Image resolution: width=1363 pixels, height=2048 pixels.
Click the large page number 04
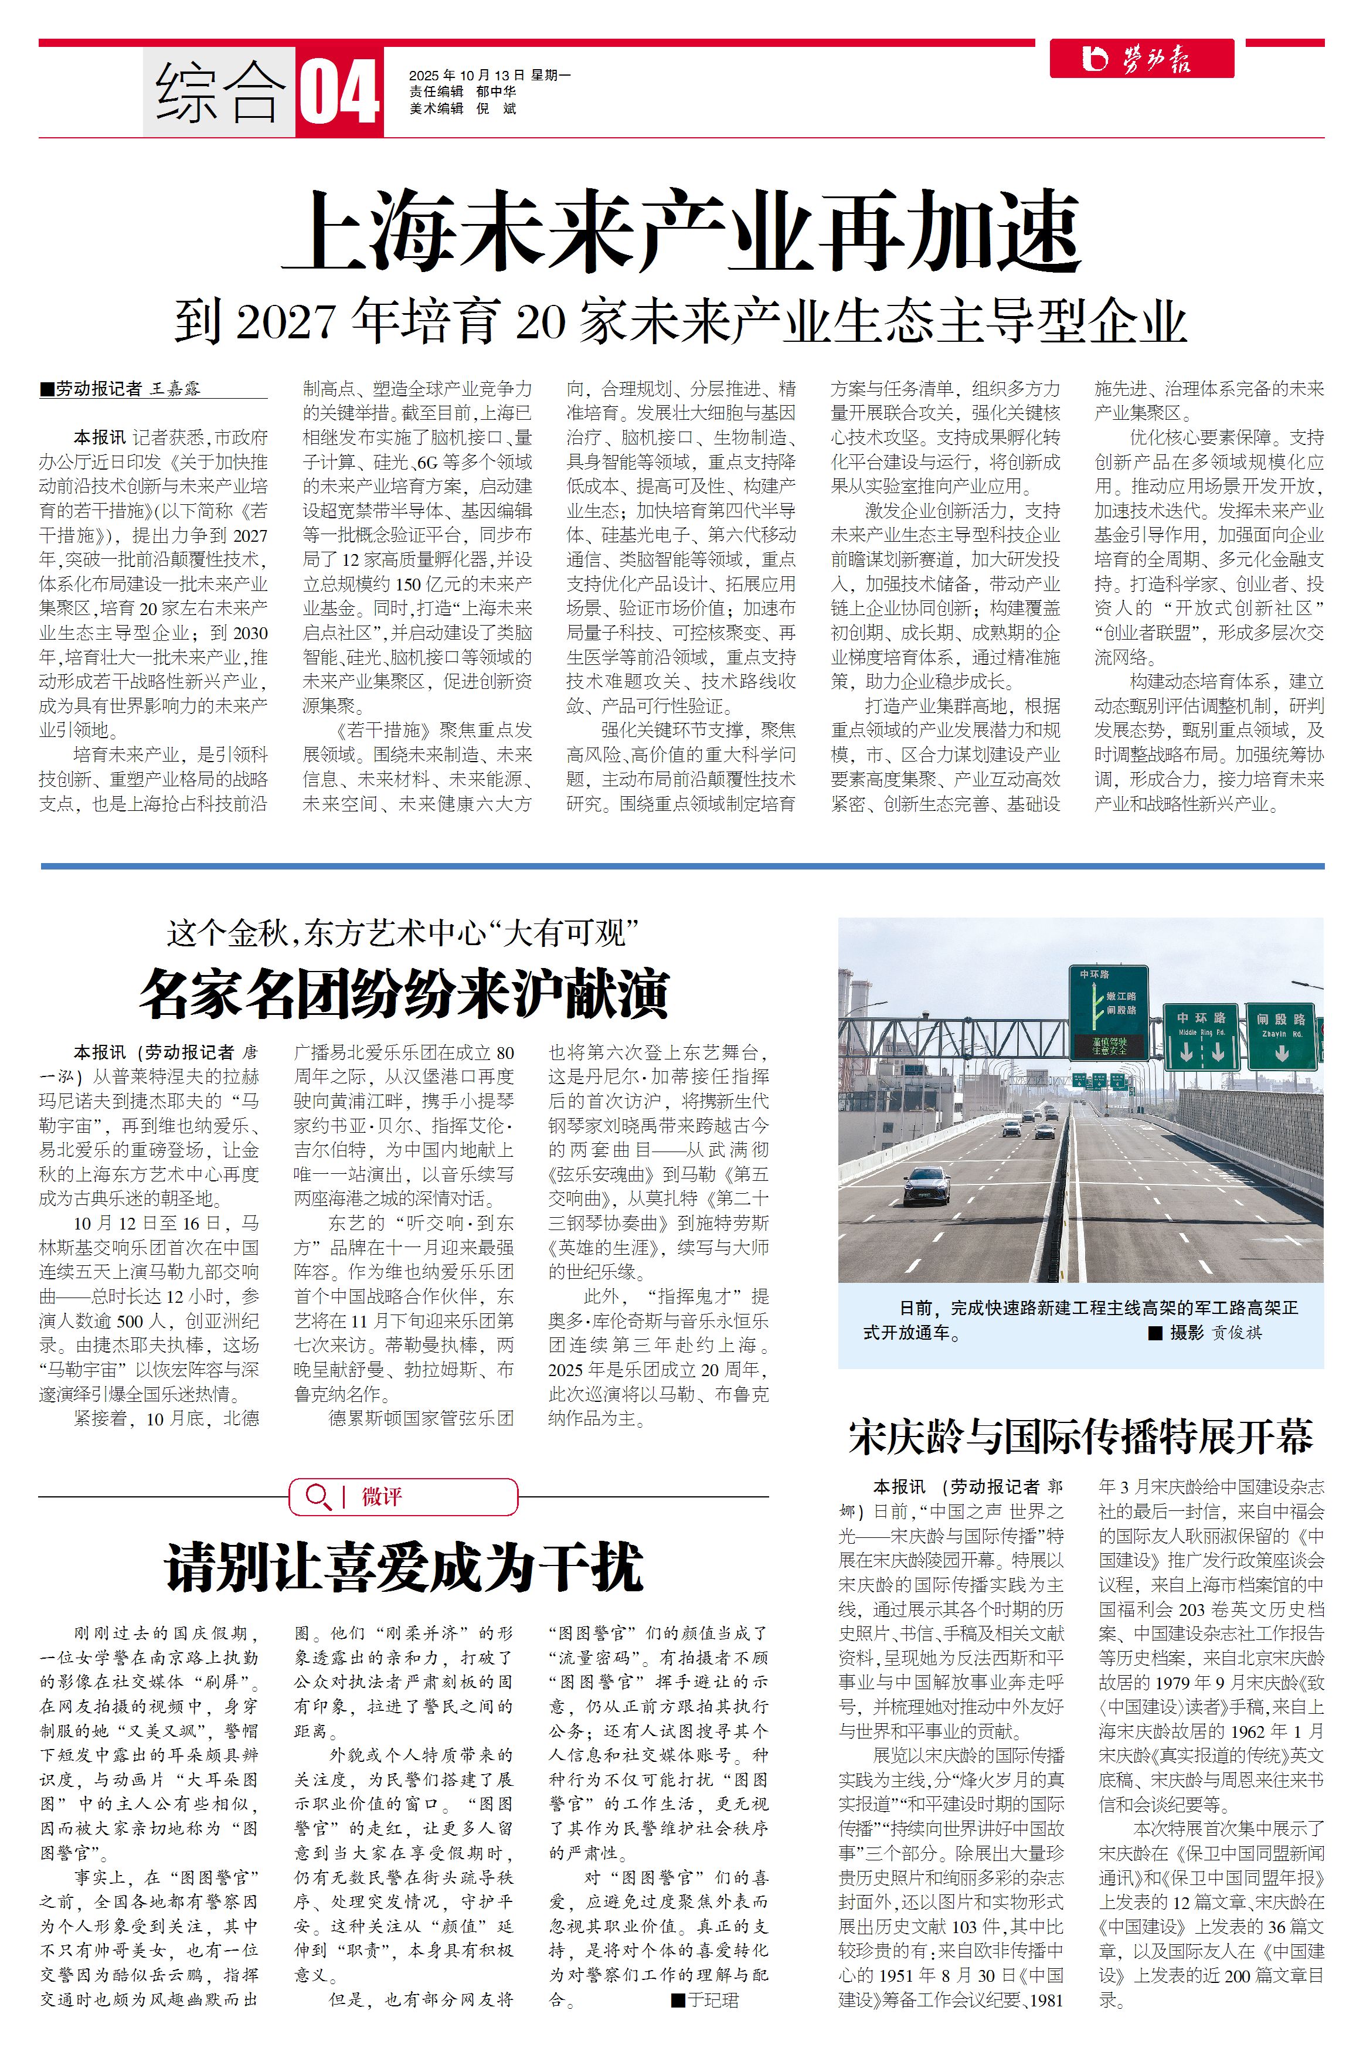[x=339, y=92]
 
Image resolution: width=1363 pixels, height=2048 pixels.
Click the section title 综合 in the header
[x=220, y=92]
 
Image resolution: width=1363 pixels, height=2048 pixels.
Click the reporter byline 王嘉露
[x=176, y=389]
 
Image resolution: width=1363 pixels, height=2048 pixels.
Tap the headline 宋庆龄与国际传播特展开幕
[x=1080, y=1438]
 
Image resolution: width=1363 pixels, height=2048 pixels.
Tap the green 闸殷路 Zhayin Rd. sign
[x=1280, y=1037]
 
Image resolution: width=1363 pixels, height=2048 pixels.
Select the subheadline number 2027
[x=284, y=322]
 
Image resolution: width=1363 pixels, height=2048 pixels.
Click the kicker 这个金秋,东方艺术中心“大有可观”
[x=403, y=935]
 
